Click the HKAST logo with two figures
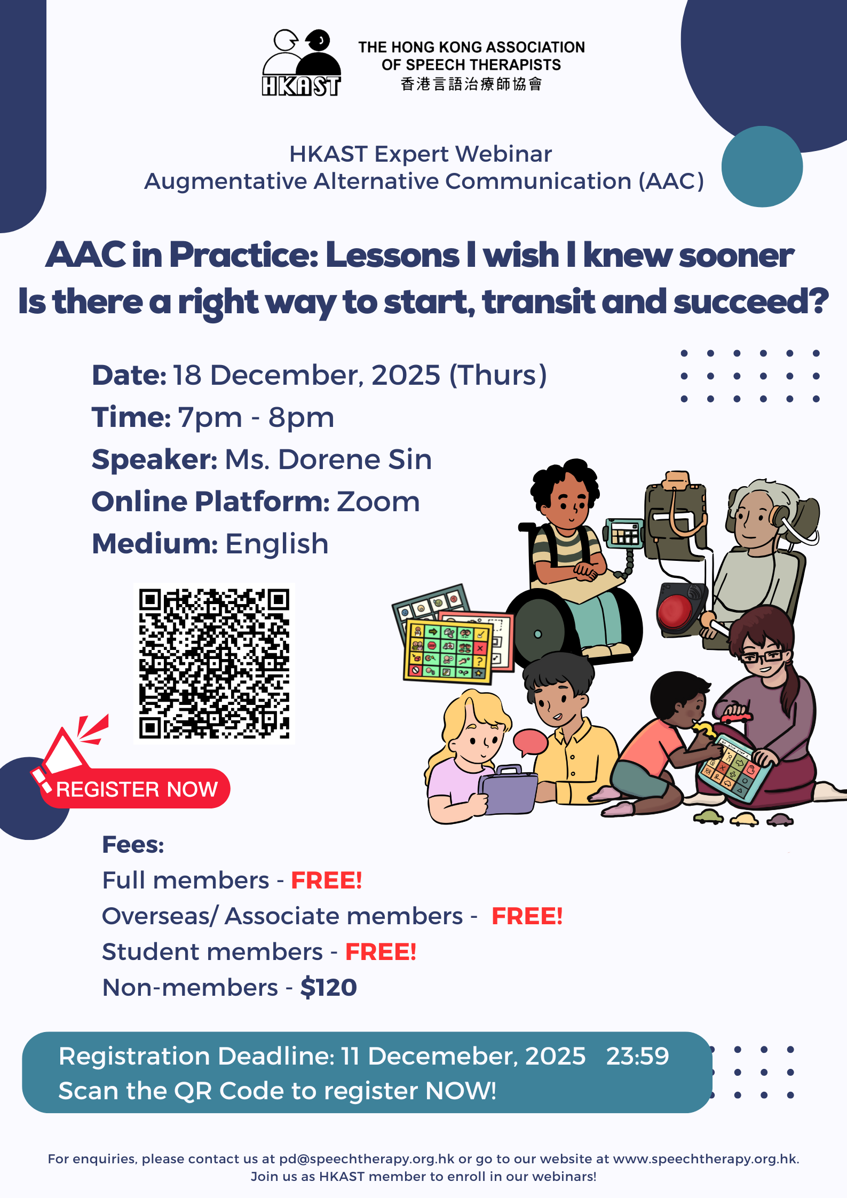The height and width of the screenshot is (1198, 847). point(302,63)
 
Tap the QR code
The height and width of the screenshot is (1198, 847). point(214,663)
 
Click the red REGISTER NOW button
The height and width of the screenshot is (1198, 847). point(136,788)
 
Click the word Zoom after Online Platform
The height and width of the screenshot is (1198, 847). point(378,502)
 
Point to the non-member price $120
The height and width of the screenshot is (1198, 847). point(329,987)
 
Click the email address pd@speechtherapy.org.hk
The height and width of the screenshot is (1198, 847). point(367,1159)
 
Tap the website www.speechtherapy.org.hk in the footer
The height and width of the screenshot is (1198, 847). point(705,1159)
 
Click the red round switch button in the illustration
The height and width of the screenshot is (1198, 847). point(676,612)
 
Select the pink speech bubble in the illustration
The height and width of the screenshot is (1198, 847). point(530,742)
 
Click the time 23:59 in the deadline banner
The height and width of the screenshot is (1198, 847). point(637,1056)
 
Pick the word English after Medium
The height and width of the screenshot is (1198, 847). point(276,544)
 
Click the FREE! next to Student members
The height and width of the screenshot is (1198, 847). point(381,952)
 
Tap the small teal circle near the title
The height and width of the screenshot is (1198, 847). point(762,166)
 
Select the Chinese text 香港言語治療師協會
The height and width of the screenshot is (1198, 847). point(471,84)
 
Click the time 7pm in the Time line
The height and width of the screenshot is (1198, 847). point(210,418)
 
